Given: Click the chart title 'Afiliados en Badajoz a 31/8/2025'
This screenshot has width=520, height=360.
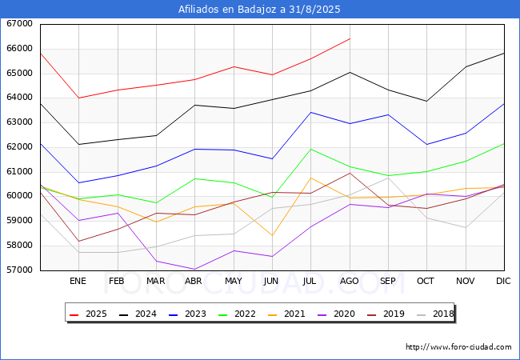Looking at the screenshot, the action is click(x=259, y=10).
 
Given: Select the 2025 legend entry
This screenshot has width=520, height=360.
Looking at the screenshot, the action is click(x=88, y=314).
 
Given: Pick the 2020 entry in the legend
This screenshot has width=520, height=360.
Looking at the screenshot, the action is click(x=336, y=314).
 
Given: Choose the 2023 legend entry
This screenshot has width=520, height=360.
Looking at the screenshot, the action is click(x=187, y=314).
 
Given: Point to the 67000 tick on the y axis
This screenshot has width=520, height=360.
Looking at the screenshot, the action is click(x=19, y=23).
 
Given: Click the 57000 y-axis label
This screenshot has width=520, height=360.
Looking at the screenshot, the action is click(x=19, y=270).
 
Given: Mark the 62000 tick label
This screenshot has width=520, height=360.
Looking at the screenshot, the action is click(x=19, y=146).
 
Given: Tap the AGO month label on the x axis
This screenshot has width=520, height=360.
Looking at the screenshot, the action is click(x=350, y=281).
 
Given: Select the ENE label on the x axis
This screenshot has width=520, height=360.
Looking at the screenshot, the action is click(x=78, y=281).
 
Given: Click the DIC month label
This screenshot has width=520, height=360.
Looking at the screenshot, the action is click(x=503, y=281).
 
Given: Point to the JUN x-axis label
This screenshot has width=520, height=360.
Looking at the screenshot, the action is click(x=271, y=281).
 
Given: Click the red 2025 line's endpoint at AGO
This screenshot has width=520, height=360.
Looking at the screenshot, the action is click(x=350, y=38).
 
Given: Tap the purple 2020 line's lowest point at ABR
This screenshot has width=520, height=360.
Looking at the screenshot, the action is click(x=194, y=269).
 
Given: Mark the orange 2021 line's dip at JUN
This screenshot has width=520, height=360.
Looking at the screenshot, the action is click(x=272, y=235).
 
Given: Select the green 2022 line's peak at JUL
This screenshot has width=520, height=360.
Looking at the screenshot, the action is click(x=310, y=149).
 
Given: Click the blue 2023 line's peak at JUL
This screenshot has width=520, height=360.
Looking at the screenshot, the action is click(x=310, y=112).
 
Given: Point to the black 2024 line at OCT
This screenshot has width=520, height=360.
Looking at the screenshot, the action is click(x=427, y=101).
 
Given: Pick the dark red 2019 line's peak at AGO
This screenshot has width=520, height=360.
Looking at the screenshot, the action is click(x=350, y=173).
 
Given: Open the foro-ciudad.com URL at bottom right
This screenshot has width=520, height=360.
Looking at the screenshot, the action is click(x=458, y=347).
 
